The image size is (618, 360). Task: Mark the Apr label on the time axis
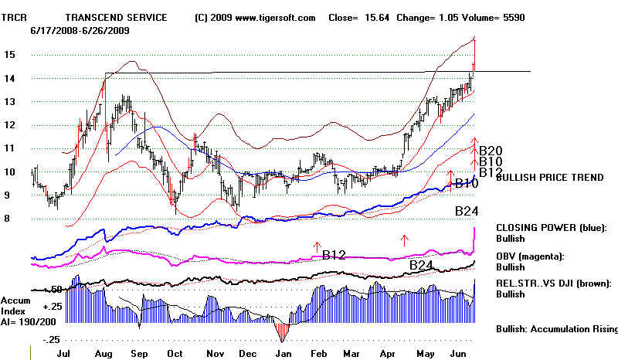click(x=392, y=352)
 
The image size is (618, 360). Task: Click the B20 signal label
click(x=491, y=151)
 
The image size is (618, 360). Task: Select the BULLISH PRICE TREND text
click(x=549, y=178)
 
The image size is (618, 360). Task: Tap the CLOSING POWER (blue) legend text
click(x=550, y=228)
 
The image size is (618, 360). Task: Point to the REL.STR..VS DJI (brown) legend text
click(x=555, y=283)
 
